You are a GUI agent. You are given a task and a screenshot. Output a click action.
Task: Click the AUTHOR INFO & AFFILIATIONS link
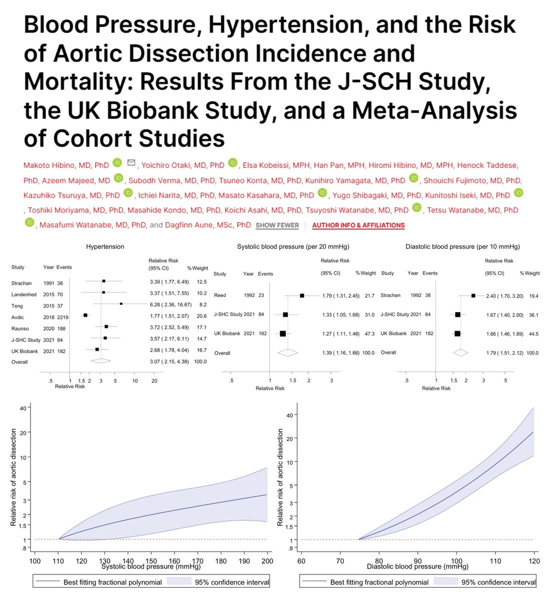click(358, 225)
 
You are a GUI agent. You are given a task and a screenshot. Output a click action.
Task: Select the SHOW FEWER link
click(277, 225)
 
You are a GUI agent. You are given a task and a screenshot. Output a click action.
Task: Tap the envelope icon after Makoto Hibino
click(132, 163)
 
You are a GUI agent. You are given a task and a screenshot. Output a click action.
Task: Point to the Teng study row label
click(18, 305)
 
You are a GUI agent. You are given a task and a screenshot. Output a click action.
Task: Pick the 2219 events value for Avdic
click(63, 317)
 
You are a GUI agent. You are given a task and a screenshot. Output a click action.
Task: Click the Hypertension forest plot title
click(105, 247)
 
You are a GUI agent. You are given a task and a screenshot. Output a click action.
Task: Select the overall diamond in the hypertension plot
click(101, 360)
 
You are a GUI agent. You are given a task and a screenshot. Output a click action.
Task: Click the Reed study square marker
click(302, 295)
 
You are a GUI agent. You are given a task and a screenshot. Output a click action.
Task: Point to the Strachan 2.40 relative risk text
click(502, 296)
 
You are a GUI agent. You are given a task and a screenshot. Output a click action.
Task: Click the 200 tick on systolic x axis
click(267, 561)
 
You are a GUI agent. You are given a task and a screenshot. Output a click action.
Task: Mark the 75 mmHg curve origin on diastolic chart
click(359, 539)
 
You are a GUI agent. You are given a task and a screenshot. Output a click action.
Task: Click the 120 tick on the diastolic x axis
click(534, 561)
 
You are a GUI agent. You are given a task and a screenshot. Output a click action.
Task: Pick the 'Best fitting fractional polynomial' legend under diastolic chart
click(379, 582)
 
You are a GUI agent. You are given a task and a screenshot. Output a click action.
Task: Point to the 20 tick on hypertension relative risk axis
click(154, 381)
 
